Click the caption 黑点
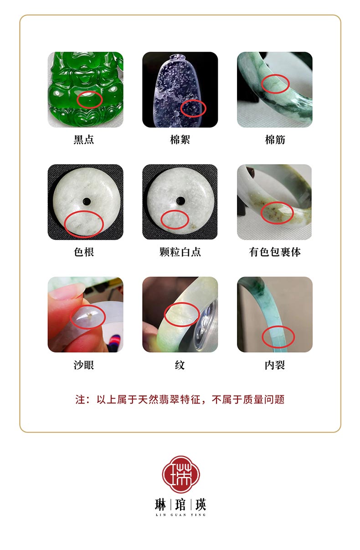click(84, 140)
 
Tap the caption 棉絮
click(180, 140)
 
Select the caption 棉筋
click(275, 140)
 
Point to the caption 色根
click(84, 252)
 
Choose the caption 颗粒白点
click(180, 252)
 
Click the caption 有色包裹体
click(275, 252)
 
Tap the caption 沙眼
click(84, 365)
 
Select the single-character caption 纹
click(180, 365)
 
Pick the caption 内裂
click(275, 365)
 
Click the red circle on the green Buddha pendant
click(77, 100)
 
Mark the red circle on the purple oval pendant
click(181, 109)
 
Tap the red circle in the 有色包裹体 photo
click(261, 213)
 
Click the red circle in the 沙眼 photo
click(71, 317)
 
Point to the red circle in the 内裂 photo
click(262, 337)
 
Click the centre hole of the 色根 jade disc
click(87, 202)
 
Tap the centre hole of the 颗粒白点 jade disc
click(180, 201)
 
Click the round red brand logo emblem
click(181, 474)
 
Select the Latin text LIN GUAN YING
click(180, 515)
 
